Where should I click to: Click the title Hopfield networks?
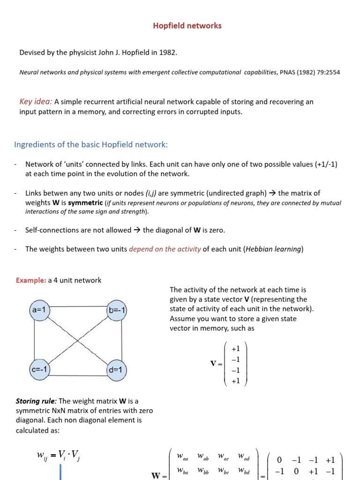pos(187,26)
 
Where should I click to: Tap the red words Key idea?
pos(36,102)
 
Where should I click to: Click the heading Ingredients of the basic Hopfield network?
pos(90,145)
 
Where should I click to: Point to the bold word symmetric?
pos(85,202)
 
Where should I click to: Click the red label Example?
pos(31,280)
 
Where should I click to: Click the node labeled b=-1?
pos(117,311)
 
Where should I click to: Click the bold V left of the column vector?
pos(213,364)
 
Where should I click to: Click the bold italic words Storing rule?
pos(37,401)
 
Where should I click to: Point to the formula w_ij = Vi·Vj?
pos(59,456)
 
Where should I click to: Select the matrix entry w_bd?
pos(244,470)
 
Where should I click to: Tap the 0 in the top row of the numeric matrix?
pos(279,460)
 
